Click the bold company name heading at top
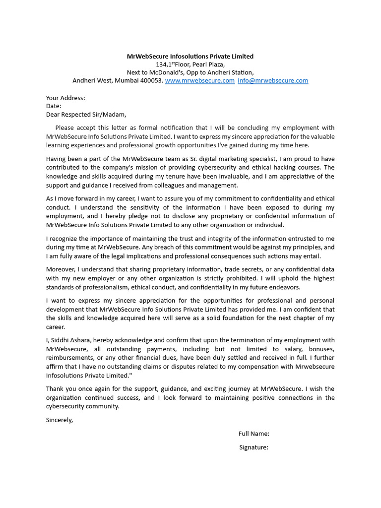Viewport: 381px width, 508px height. click(x=190, y=57)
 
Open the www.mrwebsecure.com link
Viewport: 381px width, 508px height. click(x=199, y=80)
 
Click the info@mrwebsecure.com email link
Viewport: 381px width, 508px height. click(x=273, y=80)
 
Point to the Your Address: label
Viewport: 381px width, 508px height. click(x=65, y=98)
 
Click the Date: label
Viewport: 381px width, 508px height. click(x=54, y=106)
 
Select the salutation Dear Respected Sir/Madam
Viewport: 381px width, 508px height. click(x=83, y=114)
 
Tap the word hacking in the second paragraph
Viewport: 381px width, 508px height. click(x=290, y=168)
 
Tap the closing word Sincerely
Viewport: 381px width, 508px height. click(x=60, y=420)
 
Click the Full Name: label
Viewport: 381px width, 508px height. click(x=254, y=434)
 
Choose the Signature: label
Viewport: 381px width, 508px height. click(x=254, y=447)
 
